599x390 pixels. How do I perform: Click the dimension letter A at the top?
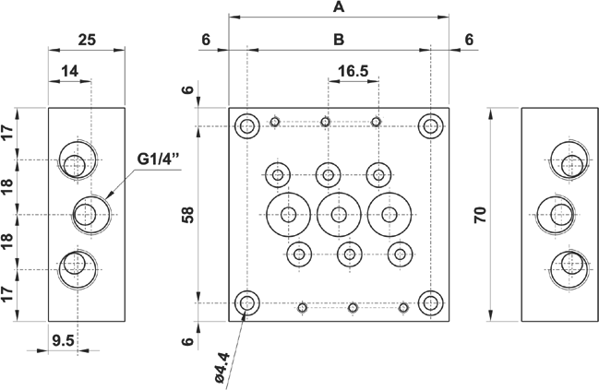click(338, 7)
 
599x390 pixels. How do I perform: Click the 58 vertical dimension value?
click(188, 215)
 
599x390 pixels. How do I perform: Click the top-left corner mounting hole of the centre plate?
click(247, 126)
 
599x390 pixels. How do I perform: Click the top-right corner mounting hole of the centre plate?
click(430, 126)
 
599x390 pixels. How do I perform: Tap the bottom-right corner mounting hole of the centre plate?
click(430, 302)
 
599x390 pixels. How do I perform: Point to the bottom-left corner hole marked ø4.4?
click(247, 302)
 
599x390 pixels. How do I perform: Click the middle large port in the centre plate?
click(339, 215)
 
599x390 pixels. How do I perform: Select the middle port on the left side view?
click(90, 214)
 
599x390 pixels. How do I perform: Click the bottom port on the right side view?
click(566, 268)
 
